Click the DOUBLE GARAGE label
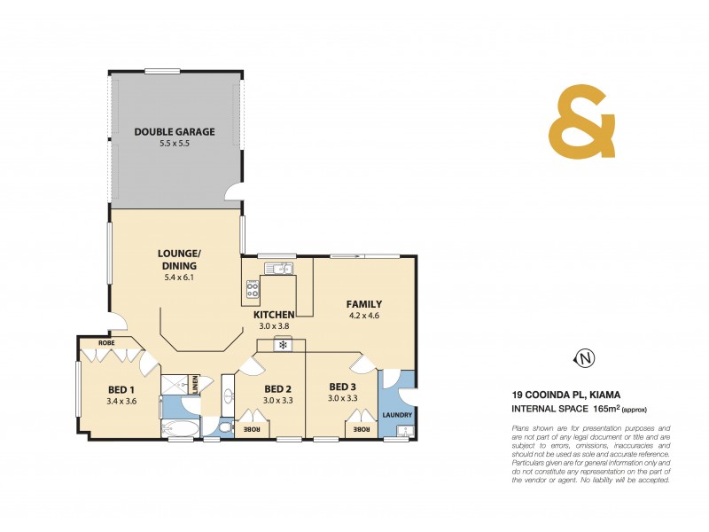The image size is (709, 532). pyautogui.click(x=175, y=132)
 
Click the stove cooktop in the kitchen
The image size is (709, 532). pyautogui.click(x=253, y=287)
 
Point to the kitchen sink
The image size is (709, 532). pyautogui.click(x=281, y=267)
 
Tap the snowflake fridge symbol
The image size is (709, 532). pyautogui.click(x=283, y=344)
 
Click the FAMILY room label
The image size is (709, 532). pyautogui.click(x=363, y=304)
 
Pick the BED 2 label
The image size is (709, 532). pyautogui.click(x=277, y=388)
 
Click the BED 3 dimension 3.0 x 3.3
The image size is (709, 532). pyautogui.click(x=342, y=399)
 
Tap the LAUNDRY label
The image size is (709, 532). pyautogui.click(x=397, y=414)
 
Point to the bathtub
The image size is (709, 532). pyautogui.click(x=182, y=430)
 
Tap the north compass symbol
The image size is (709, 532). pyautogui.click(x=583, y=358)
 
